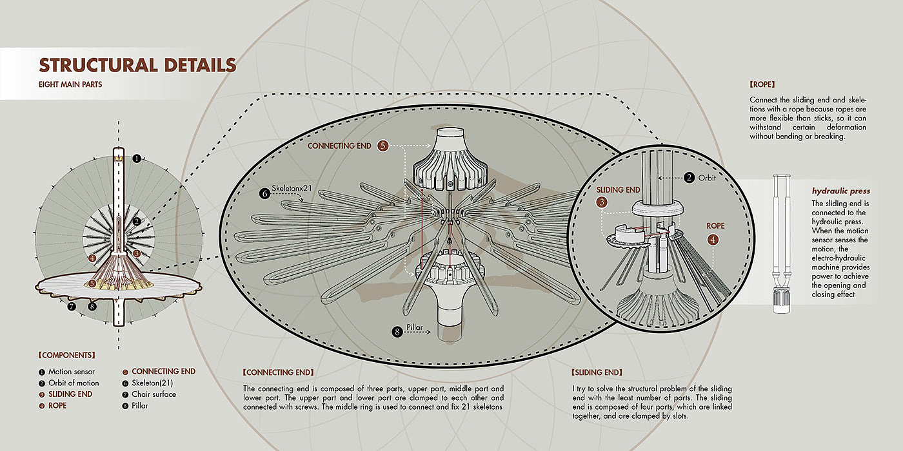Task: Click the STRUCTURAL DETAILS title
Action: tap(137, 65)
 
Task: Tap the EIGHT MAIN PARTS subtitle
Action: tap(70, 84)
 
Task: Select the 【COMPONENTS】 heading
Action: tap(66, 355)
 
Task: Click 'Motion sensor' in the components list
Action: tap(71, 372)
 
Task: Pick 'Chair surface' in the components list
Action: tap(154, 394)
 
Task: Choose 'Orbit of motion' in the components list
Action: tap(74, 383)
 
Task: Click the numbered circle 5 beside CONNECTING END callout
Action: tap(383, 146)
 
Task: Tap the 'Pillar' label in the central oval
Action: tap(415, 328)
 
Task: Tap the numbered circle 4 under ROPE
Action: tap(713, 240)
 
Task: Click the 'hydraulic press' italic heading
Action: tap(840, 191)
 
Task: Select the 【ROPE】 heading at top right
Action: tap(762, 84)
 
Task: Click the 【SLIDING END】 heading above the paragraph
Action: tap(597, 372)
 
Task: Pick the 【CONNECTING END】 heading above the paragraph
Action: tap(278, 372)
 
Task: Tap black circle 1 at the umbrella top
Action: tap(136, 158)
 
